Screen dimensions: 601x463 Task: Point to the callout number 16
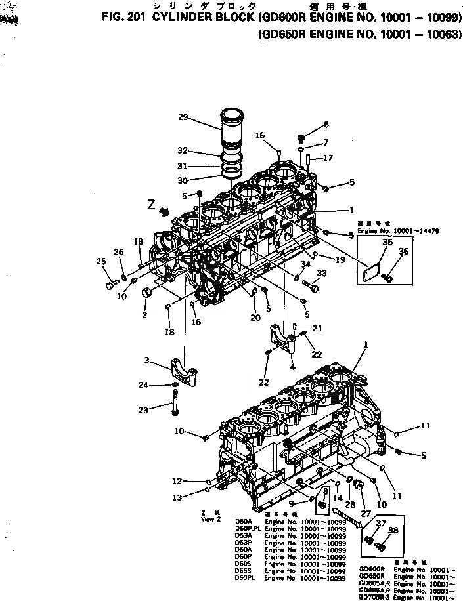pyautogui.click(x=260, y=136)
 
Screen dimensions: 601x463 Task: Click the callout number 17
pyautogui.click(x=328, y=158)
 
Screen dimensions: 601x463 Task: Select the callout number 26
pyautogui.click(x=118, y=252)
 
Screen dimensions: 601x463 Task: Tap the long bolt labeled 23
pyautogui.click(x=175, y=402)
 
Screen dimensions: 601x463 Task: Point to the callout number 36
pyautogui.click(x=403, y=251)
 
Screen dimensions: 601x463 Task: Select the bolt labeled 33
pyautogui.click(x=313, y=287)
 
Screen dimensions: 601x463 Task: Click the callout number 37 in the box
pyautogui.click(x=381, y=522)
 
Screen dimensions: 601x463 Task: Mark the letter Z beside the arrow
pyautogui.click(x=152, y=204)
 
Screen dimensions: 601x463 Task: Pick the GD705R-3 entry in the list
pyautogui.click(x=374, y=597)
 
